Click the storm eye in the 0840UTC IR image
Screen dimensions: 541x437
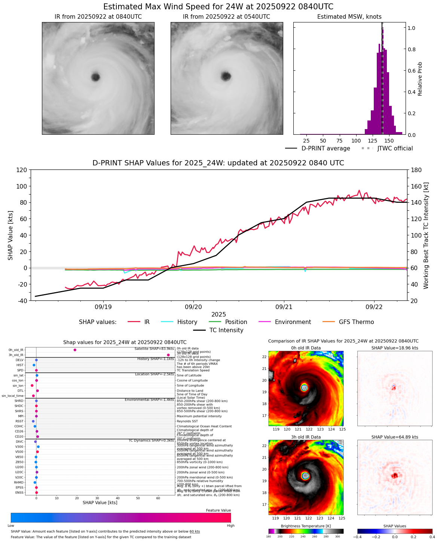95,77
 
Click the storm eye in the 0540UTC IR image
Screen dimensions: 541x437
226,76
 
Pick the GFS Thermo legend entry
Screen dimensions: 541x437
356,322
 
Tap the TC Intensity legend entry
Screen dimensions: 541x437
226,330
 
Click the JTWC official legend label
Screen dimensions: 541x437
395,149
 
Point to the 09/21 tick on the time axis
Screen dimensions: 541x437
284,307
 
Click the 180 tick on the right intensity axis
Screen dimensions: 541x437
416,170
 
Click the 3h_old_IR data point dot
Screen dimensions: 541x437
168,355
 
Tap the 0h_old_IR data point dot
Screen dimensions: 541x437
75,350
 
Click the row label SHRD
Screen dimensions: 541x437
19,401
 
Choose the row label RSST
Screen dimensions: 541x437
19,421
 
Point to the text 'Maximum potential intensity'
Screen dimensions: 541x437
199,416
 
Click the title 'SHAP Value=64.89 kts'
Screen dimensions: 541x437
394,437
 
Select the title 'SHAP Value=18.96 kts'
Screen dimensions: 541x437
394,348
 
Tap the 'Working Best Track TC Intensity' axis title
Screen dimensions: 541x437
426,236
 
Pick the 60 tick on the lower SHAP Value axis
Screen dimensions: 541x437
158,498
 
